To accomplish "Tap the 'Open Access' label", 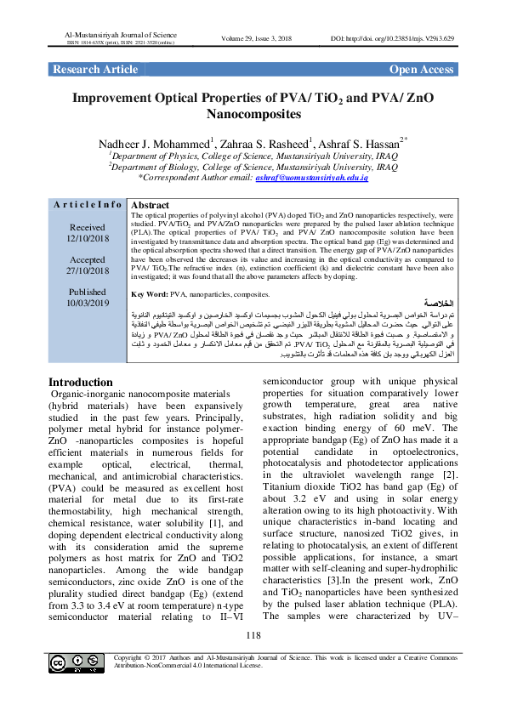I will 421,69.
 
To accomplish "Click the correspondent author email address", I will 321,177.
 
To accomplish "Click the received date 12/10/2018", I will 88,238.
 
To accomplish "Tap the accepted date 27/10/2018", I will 88,270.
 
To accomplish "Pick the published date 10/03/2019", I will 88,303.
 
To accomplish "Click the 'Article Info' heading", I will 87,206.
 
